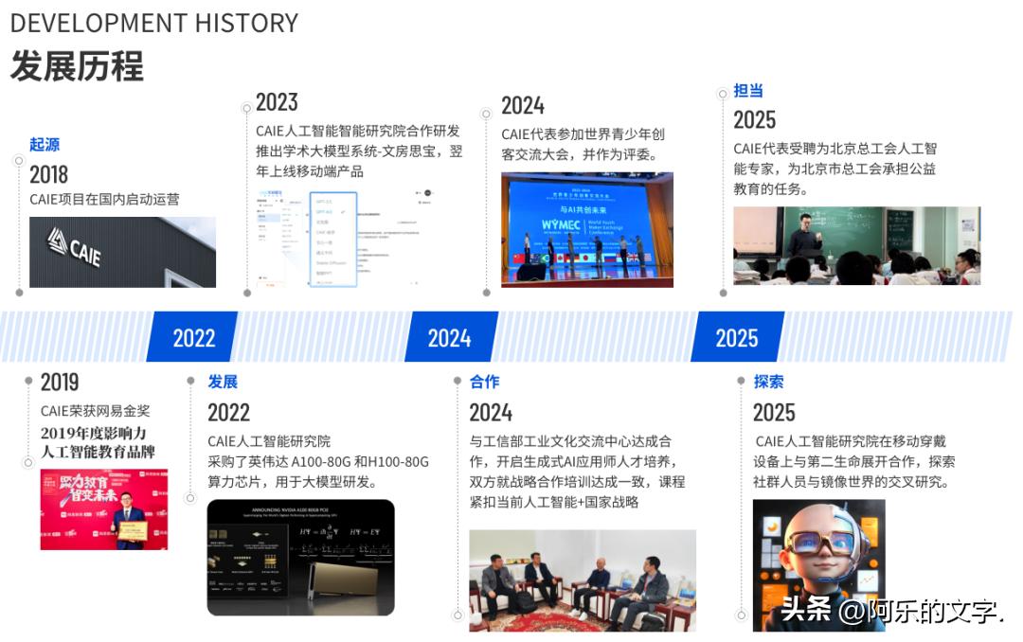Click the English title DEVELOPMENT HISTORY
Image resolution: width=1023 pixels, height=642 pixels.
click(153, 23)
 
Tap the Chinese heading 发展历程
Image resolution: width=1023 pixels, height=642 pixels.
click(77, 66)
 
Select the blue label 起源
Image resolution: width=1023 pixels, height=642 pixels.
click(45, 145)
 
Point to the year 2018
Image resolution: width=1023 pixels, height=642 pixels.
click(48, 174)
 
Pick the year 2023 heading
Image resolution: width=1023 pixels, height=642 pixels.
click(277, 102)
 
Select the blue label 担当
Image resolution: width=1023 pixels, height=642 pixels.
click(748, 91)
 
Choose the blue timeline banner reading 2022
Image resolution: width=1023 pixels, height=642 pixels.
click(193, 338)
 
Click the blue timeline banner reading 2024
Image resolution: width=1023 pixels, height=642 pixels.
click(449, 338)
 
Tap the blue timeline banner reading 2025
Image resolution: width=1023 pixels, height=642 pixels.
click(736, 338)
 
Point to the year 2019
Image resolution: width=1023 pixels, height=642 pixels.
click(60, 383)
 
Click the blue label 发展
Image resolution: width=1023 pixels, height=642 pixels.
click(223, 383)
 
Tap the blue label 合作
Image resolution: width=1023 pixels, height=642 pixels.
click(484, 383)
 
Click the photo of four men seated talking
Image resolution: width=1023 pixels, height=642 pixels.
click(582, 580)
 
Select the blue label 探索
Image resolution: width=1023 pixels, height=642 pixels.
click(768, 383)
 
